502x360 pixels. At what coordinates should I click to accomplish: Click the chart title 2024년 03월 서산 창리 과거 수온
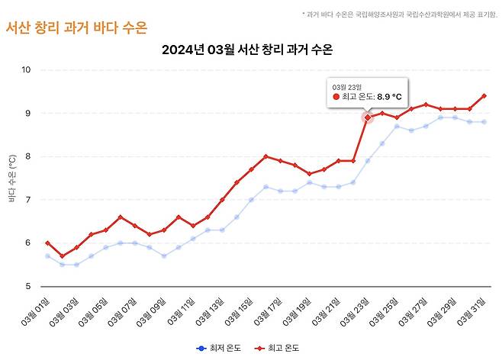click(251, 50)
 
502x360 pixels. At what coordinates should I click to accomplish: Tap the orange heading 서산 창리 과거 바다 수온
click(76, 27)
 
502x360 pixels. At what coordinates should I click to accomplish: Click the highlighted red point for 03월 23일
click(368, 117)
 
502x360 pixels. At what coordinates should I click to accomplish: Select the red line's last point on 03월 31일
click(484, 96)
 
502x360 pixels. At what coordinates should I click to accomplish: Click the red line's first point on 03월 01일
click(47, 243)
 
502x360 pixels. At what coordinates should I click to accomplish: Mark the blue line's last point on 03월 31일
click(484, 122)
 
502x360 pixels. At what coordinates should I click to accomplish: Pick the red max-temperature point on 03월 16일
click(265, 156)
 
